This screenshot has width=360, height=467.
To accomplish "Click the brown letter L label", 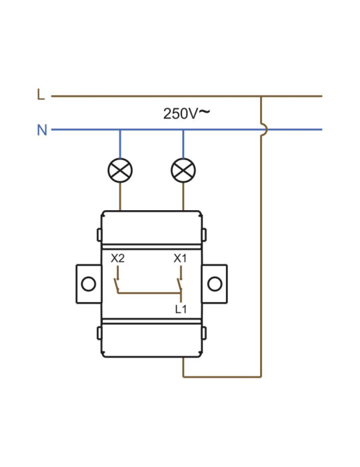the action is [41, 95].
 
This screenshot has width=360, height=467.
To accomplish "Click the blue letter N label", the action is [42, 130].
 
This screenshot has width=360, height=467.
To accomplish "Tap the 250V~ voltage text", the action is [187, 113].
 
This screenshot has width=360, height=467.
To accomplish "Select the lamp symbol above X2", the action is [120, 170].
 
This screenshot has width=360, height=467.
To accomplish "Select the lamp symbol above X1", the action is [183, 170].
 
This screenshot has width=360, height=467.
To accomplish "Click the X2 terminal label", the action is [117, 258].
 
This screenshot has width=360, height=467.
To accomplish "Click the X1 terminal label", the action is [180, 258].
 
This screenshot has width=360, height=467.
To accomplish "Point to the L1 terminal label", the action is [181, 310].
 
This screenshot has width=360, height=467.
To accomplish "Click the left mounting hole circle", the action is [89, 284].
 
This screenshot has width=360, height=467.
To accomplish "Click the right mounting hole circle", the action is [215, 284].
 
